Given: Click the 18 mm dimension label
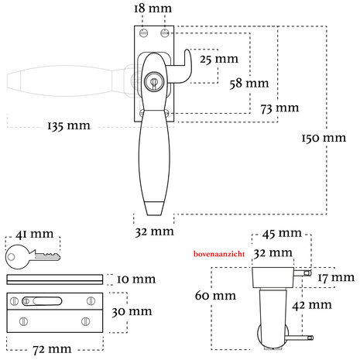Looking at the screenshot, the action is (153, 9).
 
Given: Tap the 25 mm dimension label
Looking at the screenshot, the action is (219, 59).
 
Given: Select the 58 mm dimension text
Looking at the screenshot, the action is (249, 84).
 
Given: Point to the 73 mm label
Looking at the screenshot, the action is (279, 108).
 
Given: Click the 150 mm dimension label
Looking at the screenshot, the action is (324, 138).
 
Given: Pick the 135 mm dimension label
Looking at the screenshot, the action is (69, 126).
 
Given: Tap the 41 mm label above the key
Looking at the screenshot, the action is (35, 234).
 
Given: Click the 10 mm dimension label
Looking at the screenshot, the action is (136, 279).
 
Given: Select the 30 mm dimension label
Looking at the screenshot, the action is (132, 311).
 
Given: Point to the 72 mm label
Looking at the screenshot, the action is (52, 349).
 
